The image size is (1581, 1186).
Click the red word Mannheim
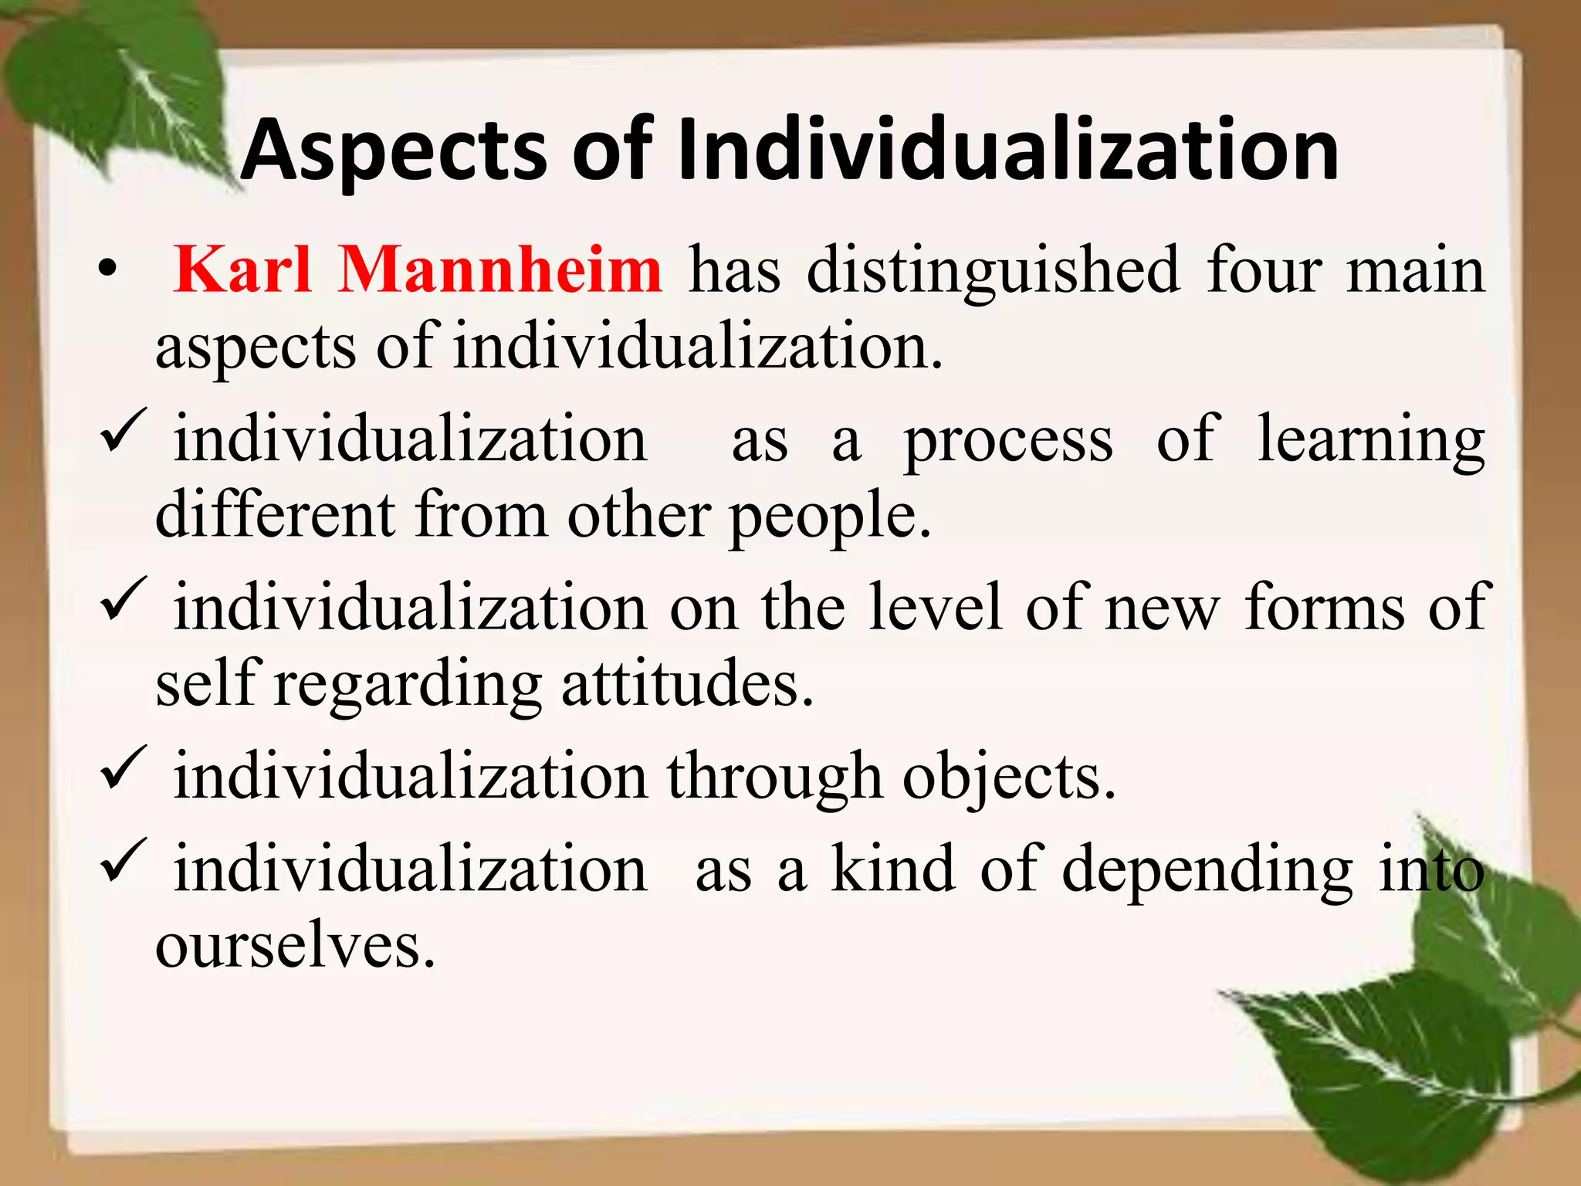click(x=499, y=269)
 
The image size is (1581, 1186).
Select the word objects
click(x=1008, y=778)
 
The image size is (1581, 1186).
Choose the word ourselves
click(x=295, y=946)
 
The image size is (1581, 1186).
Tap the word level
click(x=936, y=608)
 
